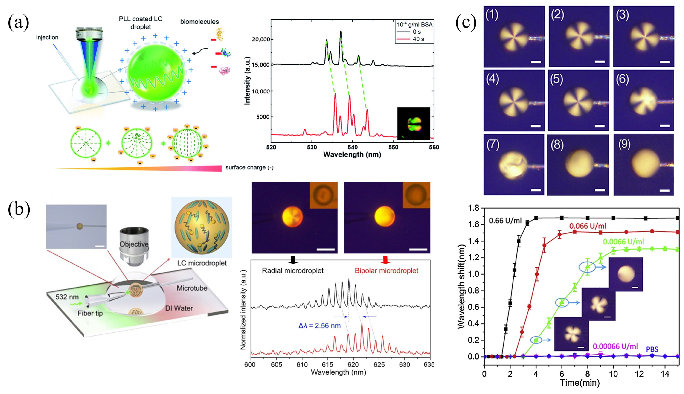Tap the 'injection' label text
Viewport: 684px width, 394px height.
pyautogui.click(x=47, y=37)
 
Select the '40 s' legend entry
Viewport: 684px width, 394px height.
pyautogui.click(x=418, y=39)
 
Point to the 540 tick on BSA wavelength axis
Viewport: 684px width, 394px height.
pyautogui.click(x=352, y=147)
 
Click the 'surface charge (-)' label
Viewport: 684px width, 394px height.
pyautogui.click(x=249, y=168)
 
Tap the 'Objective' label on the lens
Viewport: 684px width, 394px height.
pyautogui.click(x=134, y=244)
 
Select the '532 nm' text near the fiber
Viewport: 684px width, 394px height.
pyautogui.click(x=67, y=297)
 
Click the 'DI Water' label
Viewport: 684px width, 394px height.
pyautogui.click(x=179, y=308)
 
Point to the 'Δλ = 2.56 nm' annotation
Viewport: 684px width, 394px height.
pyautogui.click(x=319, y=326)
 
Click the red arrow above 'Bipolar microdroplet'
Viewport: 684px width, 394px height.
pyautogui.click(x=385, y=260)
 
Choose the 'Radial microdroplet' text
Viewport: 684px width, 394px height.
pyautogui.click(x=293, y=271)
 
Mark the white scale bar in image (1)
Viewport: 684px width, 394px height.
pyautogui.click(x=535, y=62)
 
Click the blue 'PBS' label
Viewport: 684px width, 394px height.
pyautogui.click(x=652, y=349)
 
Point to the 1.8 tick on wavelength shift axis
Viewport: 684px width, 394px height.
pyautogui.click(x=474, y=208)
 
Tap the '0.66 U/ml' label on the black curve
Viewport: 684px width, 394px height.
pyautogui.click(x=505, y=221)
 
